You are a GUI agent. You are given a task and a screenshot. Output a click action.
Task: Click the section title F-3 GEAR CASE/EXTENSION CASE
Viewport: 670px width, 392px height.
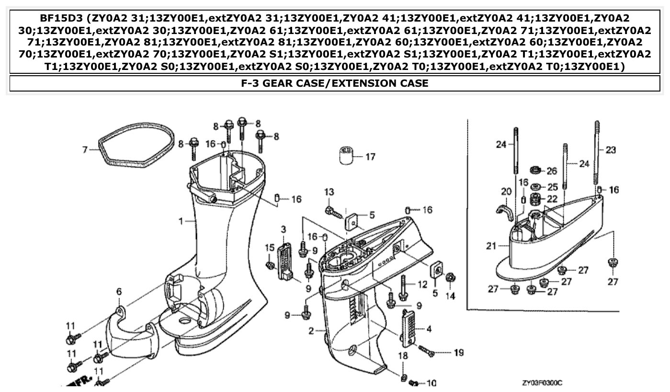point(335,83)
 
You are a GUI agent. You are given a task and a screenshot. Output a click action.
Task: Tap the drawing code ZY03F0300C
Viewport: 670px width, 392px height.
point(542,383)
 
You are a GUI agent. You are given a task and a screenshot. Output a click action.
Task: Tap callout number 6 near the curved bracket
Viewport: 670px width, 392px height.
point(119,291)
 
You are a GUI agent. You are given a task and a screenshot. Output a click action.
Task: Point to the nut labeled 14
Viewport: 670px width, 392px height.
point(450,278)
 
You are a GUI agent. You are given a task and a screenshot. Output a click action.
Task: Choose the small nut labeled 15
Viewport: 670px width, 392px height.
point(270,265)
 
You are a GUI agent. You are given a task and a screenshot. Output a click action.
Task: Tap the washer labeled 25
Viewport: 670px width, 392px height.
point(535,186)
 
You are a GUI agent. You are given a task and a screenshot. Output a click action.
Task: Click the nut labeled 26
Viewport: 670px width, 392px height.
point(535,170)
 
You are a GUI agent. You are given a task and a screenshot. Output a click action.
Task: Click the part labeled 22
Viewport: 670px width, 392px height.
point(536,198)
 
